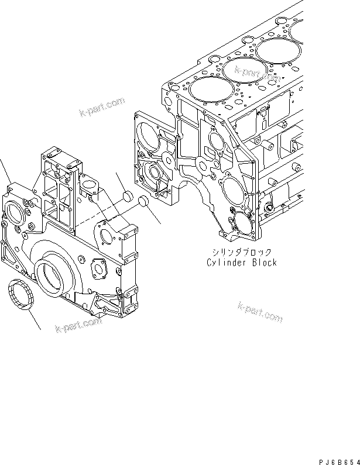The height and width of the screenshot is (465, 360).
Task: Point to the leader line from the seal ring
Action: point(33,319)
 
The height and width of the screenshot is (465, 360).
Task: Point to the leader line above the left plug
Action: point(121,182)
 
